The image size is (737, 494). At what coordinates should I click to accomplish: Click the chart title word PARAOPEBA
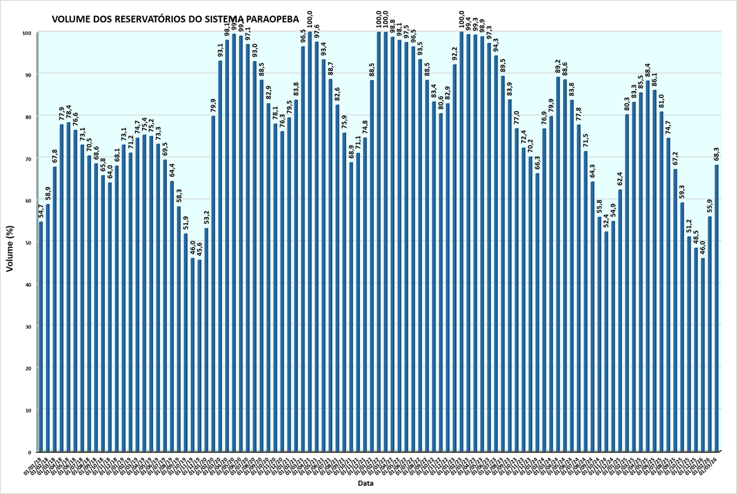pyautogui.click(x=265, y=20)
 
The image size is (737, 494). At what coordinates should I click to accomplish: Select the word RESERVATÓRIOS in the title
pyautogui.click(x=143, y=20)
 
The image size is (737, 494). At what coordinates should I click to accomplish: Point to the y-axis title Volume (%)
pyautogui.click(x=10, y=242)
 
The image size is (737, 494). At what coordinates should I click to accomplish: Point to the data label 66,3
pyautogui.click(x=537, y=164)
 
